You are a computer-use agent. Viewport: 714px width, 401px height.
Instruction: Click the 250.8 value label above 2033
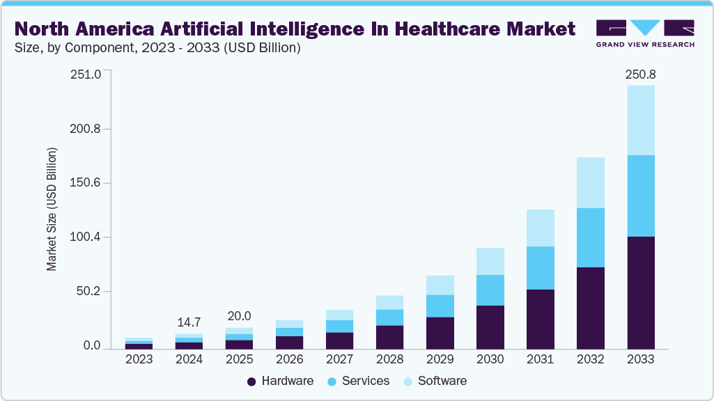[640, 74]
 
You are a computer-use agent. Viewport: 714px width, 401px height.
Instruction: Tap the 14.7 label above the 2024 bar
[189, 322]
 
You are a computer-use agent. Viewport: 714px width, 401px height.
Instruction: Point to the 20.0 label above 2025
[239, 316]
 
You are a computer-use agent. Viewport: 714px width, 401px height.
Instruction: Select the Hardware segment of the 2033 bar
[640, 292]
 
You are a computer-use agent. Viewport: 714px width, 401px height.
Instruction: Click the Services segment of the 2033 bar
[640, 196]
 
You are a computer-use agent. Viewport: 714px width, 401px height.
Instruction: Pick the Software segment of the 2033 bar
[640, 120]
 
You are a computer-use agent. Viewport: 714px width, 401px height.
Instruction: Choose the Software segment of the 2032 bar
[590, 182]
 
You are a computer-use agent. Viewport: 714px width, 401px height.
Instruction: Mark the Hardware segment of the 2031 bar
[540, 319]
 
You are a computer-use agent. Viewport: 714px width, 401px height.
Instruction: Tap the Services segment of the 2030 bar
[490, 290]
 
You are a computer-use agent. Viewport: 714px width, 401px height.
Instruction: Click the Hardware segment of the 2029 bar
[440, 333]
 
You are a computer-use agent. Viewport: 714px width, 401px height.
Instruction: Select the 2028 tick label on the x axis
[389, 360]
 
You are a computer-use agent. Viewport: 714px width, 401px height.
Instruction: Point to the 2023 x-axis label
[139, 360]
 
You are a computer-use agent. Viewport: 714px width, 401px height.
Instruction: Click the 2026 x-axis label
[289, 360]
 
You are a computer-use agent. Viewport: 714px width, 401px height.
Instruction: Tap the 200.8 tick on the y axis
[86, 129]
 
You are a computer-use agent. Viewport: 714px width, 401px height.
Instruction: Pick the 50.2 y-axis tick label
[88, 291]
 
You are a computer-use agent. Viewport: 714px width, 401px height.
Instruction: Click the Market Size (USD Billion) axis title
[52, 209]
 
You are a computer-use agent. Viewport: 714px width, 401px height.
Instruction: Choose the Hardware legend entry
[281, 381]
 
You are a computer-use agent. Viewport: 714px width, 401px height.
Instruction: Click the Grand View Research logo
[645, 33]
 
